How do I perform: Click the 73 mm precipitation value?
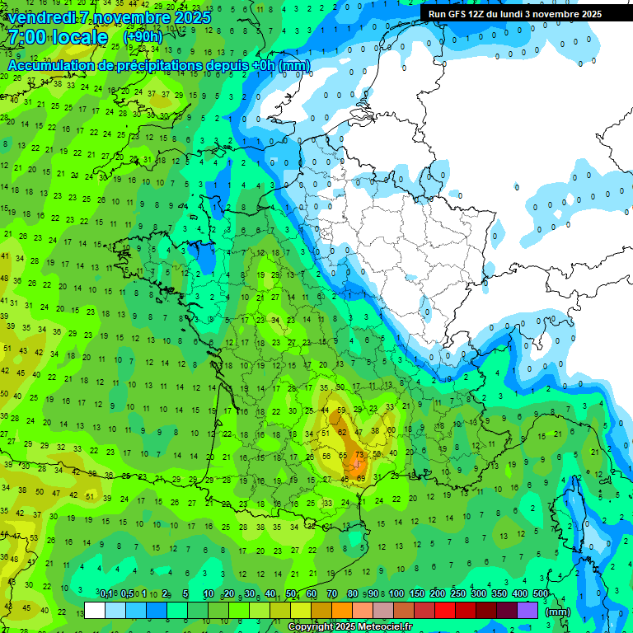tap(359, 454)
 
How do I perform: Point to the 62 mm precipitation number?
tap(342, 431)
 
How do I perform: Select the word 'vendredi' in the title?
tap(42, 17)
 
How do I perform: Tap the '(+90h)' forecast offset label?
tap(143, 37)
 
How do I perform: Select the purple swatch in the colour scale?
tap(527, 610)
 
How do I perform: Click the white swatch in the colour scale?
tap(95, 610)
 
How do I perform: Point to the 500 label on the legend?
tap(541, 593)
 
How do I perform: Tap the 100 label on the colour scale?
tap(396, 593)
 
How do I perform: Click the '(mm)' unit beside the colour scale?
tap(558, 612)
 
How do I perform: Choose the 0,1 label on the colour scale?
tap(106, 593)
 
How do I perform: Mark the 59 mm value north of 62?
tap(341, 410)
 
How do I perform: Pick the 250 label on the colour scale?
tap(457, 593)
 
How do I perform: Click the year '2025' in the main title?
tap(193, 17)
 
